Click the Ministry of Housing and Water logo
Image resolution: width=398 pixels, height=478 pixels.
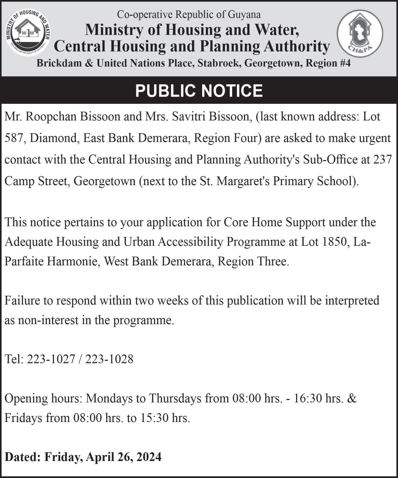[x=29, y=33]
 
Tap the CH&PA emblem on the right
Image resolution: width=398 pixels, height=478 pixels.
[x=360, y=33]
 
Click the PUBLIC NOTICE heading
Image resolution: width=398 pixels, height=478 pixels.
[x=199, y=91]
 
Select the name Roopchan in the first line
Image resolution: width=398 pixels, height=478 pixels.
[x=51, y=117]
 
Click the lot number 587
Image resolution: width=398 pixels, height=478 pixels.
[x=15, y=138]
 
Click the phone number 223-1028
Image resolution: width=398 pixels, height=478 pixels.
[x=109, y=359]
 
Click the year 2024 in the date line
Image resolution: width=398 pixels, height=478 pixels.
[x=149, y=457]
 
